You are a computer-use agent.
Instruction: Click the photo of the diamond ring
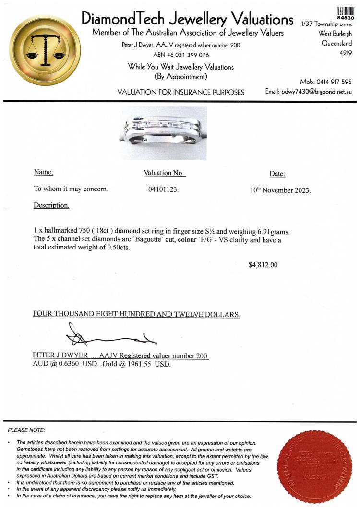pos(163,133)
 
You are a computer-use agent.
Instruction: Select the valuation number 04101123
pos(163,189)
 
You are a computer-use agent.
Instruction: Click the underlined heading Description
pos(51,205)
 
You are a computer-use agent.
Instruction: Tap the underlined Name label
pos(43,172)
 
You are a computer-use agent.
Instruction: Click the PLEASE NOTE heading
pos(27,429)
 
